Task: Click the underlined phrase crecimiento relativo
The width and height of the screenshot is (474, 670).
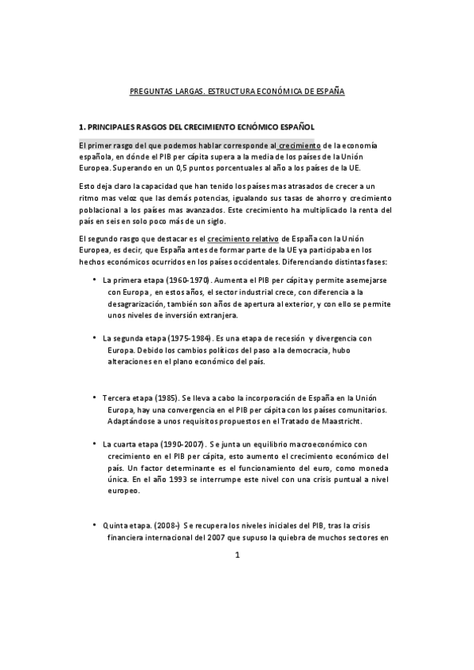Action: (x=239, y=238)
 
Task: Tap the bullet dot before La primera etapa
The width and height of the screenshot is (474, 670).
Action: (x=94, y=280)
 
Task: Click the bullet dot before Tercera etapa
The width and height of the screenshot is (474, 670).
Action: (x=94, y=397)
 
